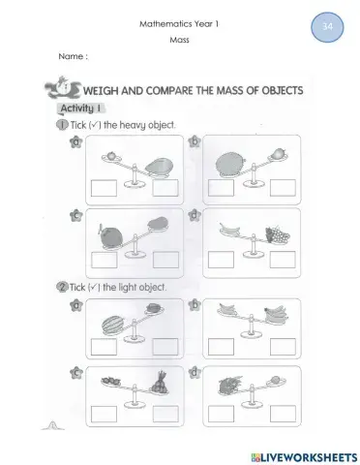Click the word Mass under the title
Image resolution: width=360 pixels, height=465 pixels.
(180, 41)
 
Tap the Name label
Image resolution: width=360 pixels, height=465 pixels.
(73, 57)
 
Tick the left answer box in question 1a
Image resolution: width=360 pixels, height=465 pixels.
(100, 188)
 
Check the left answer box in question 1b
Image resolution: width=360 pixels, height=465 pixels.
(221, 188)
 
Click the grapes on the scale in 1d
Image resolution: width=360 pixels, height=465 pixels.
(276, 233)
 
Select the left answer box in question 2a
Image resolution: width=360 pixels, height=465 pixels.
(100, 346)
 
